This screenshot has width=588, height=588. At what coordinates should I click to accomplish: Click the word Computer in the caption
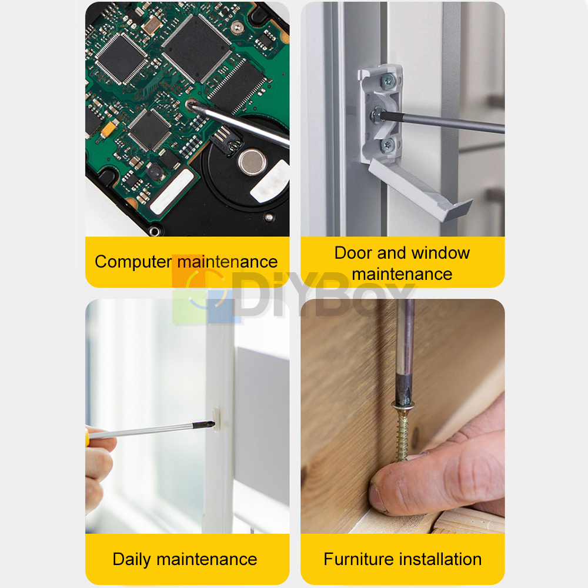click(x=133, y=262)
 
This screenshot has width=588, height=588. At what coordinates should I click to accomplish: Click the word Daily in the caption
click(x=132, y=560)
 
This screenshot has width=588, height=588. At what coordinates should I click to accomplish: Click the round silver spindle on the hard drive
click(x=252, y=162)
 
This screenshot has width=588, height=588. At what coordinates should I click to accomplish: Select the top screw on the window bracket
click(x=387, y=80)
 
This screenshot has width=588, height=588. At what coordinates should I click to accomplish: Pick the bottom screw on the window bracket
click(x=387, y=145)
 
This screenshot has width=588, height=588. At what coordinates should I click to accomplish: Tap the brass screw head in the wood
click(x=403, y=405)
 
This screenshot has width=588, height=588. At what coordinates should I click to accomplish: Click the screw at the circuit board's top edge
click(x=237, y=28)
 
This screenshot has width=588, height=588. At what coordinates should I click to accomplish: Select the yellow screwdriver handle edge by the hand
click(x=88, y=437)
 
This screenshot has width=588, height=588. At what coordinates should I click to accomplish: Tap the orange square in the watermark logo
click(x=189, y=271)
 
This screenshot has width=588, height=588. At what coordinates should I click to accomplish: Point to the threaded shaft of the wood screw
click(x=402, y=435)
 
